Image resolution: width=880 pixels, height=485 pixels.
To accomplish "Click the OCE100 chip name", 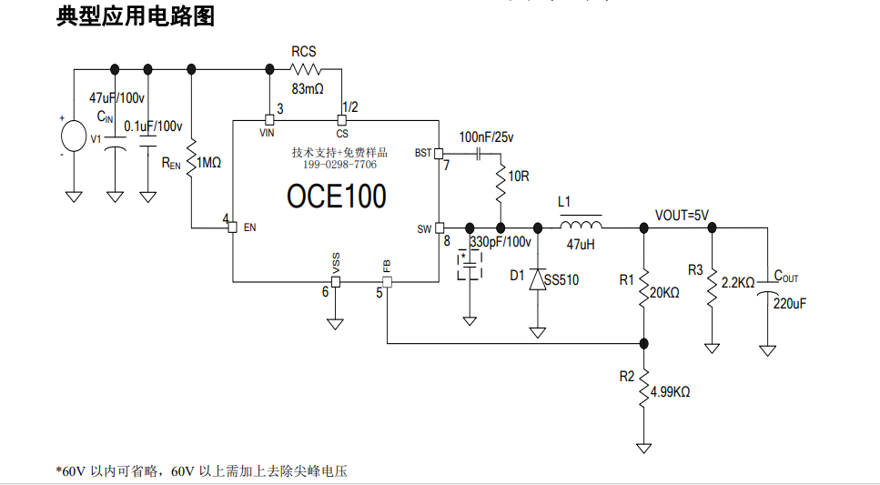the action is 336,196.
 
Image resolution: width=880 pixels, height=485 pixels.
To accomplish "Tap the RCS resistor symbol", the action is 306,69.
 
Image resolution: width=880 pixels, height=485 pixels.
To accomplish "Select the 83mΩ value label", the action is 308,88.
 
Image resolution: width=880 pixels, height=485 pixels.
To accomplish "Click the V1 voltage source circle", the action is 74,136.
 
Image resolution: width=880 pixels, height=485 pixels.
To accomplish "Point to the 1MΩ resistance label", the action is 208,163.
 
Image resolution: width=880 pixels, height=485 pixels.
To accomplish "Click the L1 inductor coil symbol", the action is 581,225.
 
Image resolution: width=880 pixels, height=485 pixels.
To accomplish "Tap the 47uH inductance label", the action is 581,244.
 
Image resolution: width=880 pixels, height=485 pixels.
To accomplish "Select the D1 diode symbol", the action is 538,279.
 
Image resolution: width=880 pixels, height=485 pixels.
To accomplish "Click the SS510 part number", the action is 561,279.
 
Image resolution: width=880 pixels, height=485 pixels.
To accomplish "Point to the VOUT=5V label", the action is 682,215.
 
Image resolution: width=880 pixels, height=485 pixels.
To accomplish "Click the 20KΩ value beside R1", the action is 664,292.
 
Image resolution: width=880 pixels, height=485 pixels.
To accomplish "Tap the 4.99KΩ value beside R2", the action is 670,392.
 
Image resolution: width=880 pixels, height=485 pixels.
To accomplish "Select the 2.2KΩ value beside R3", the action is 737,283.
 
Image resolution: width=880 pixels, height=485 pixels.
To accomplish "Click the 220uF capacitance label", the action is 790,304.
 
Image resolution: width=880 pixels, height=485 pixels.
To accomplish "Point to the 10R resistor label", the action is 519,177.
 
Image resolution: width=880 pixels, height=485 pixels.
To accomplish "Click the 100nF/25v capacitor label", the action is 486,137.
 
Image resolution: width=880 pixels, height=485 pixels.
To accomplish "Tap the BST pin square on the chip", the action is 439,153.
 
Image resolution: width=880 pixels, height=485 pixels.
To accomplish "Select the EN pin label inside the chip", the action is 249,227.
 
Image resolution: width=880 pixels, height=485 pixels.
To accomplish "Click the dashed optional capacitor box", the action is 470,265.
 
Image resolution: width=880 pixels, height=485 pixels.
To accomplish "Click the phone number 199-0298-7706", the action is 339,165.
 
